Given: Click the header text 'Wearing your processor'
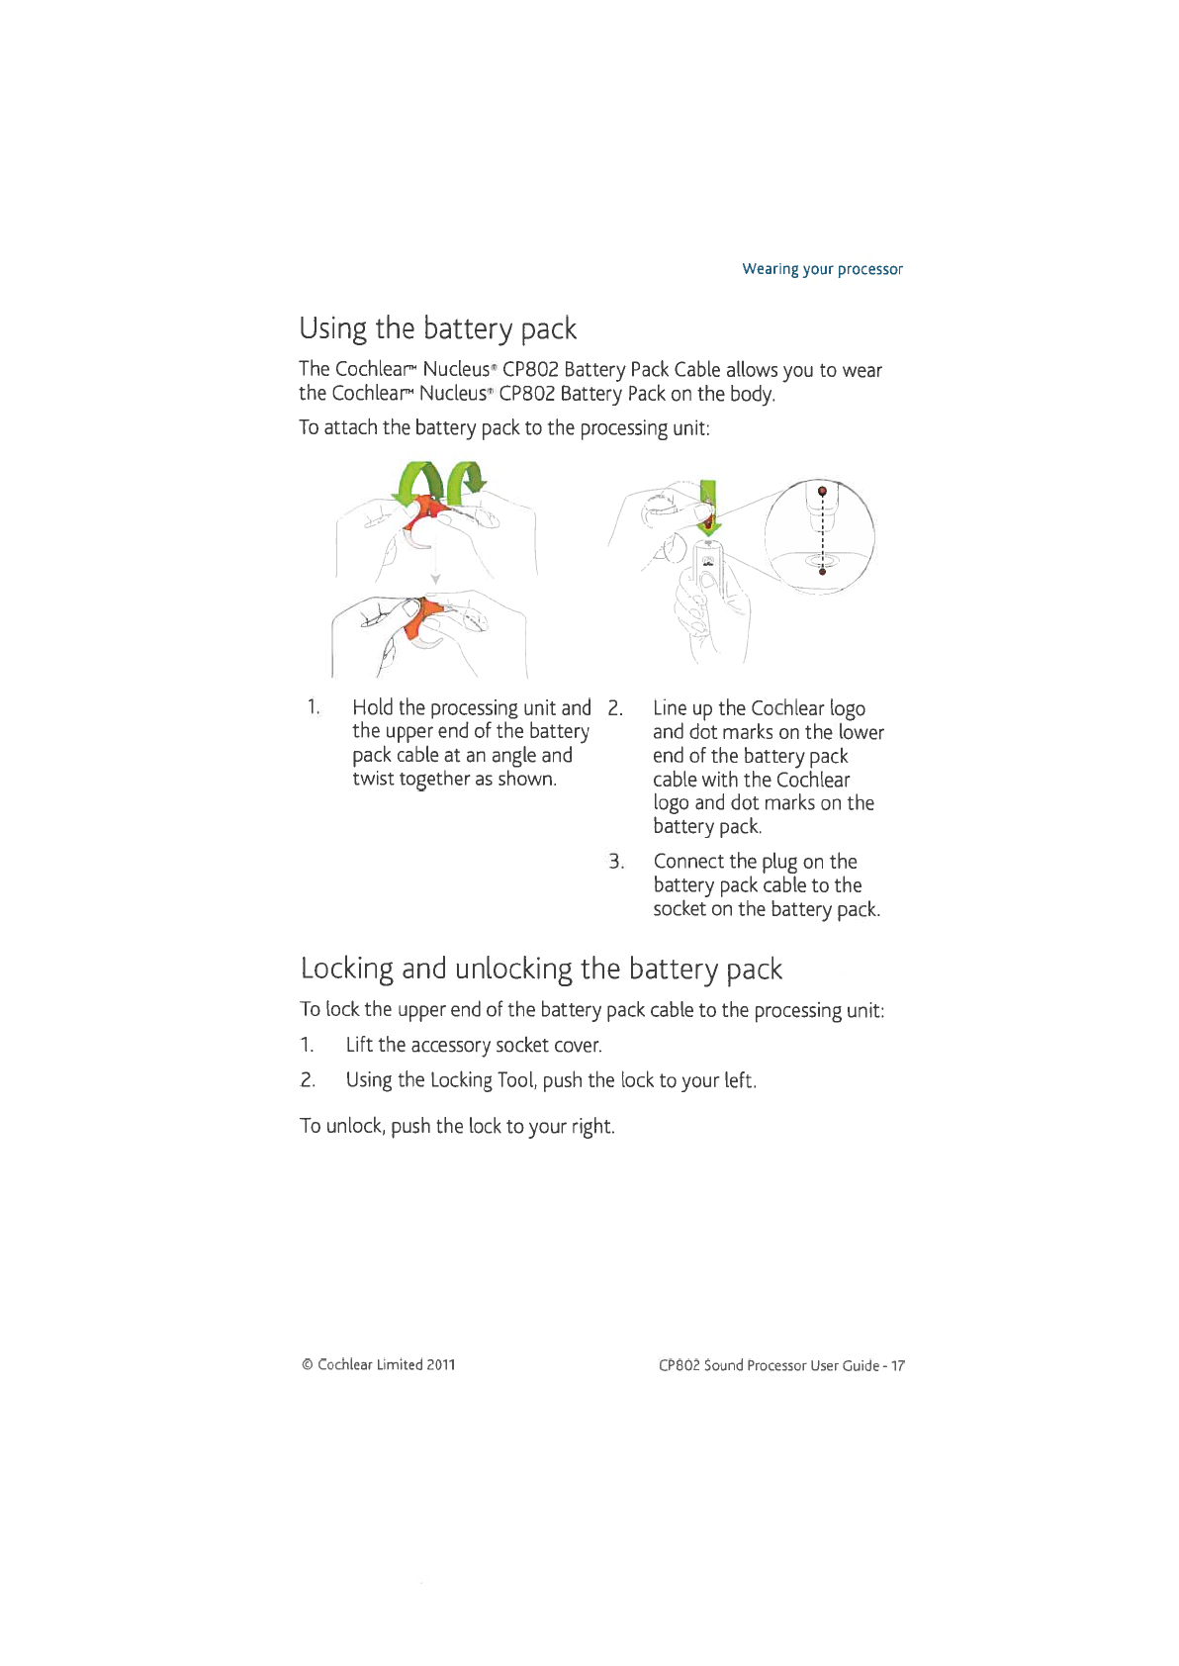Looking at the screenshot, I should pos(822,269).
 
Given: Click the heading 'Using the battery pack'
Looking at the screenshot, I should pos(437,328).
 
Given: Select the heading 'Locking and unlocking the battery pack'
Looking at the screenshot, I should pos(541,968).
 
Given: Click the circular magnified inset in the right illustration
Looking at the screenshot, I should pos(819,536).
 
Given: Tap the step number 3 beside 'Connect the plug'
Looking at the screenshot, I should pos(616,862).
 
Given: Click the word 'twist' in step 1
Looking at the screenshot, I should pos(374,779).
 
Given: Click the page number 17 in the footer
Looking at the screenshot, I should pos(897,1365).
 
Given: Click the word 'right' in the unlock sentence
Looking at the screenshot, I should pos(591,1127).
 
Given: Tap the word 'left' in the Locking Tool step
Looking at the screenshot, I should pos(739,1080).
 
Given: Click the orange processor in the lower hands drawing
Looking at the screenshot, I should pos(423,619).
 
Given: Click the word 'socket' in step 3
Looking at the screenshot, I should pos(680,909).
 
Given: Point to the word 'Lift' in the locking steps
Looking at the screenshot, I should pos(359,1045).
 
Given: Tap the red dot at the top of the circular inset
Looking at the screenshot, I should pos(822,491).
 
